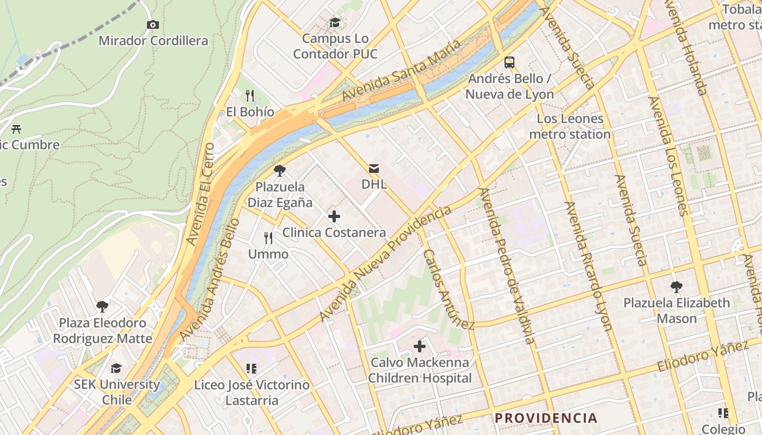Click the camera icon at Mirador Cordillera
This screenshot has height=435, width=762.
pos(153,24)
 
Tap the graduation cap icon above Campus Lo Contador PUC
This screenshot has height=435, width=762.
pos(335,22)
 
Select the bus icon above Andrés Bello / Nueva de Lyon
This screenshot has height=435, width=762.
pos(509,63)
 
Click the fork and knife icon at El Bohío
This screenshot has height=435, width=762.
pos(250,96)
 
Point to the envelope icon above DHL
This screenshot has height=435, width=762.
pos(374,168)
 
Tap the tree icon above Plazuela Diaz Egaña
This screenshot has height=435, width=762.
pos(280,171)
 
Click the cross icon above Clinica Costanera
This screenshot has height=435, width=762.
pos(334,216)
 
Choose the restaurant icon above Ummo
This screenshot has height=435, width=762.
pos(268,238)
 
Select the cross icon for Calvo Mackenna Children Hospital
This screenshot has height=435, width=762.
pos(420,346)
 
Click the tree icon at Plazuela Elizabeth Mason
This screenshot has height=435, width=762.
pos(677,287)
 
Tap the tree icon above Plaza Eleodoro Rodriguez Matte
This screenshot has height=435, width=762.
pos(102,307)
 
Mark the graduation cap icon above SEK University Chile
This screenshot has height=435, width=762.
pos(116,368)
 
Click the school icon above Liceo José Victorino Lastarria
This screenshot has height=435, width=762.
pos(251,369)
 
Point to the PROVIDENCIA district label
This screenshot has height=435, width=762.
pos(546,418)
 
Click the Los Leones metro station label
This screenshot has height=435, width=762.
pos(570,126)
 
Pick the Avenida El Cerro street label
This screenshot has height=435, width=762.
pos(200,194)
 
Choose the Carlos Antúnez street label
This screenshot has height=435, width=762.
pos(449,289)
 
